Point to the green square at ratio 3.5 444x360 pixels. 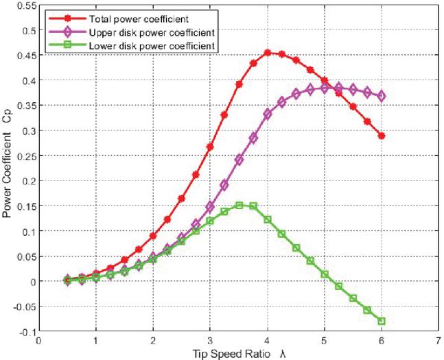click(x=239, y=205)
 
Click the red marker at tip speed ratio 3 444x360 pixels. click(x=210, y=147)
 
